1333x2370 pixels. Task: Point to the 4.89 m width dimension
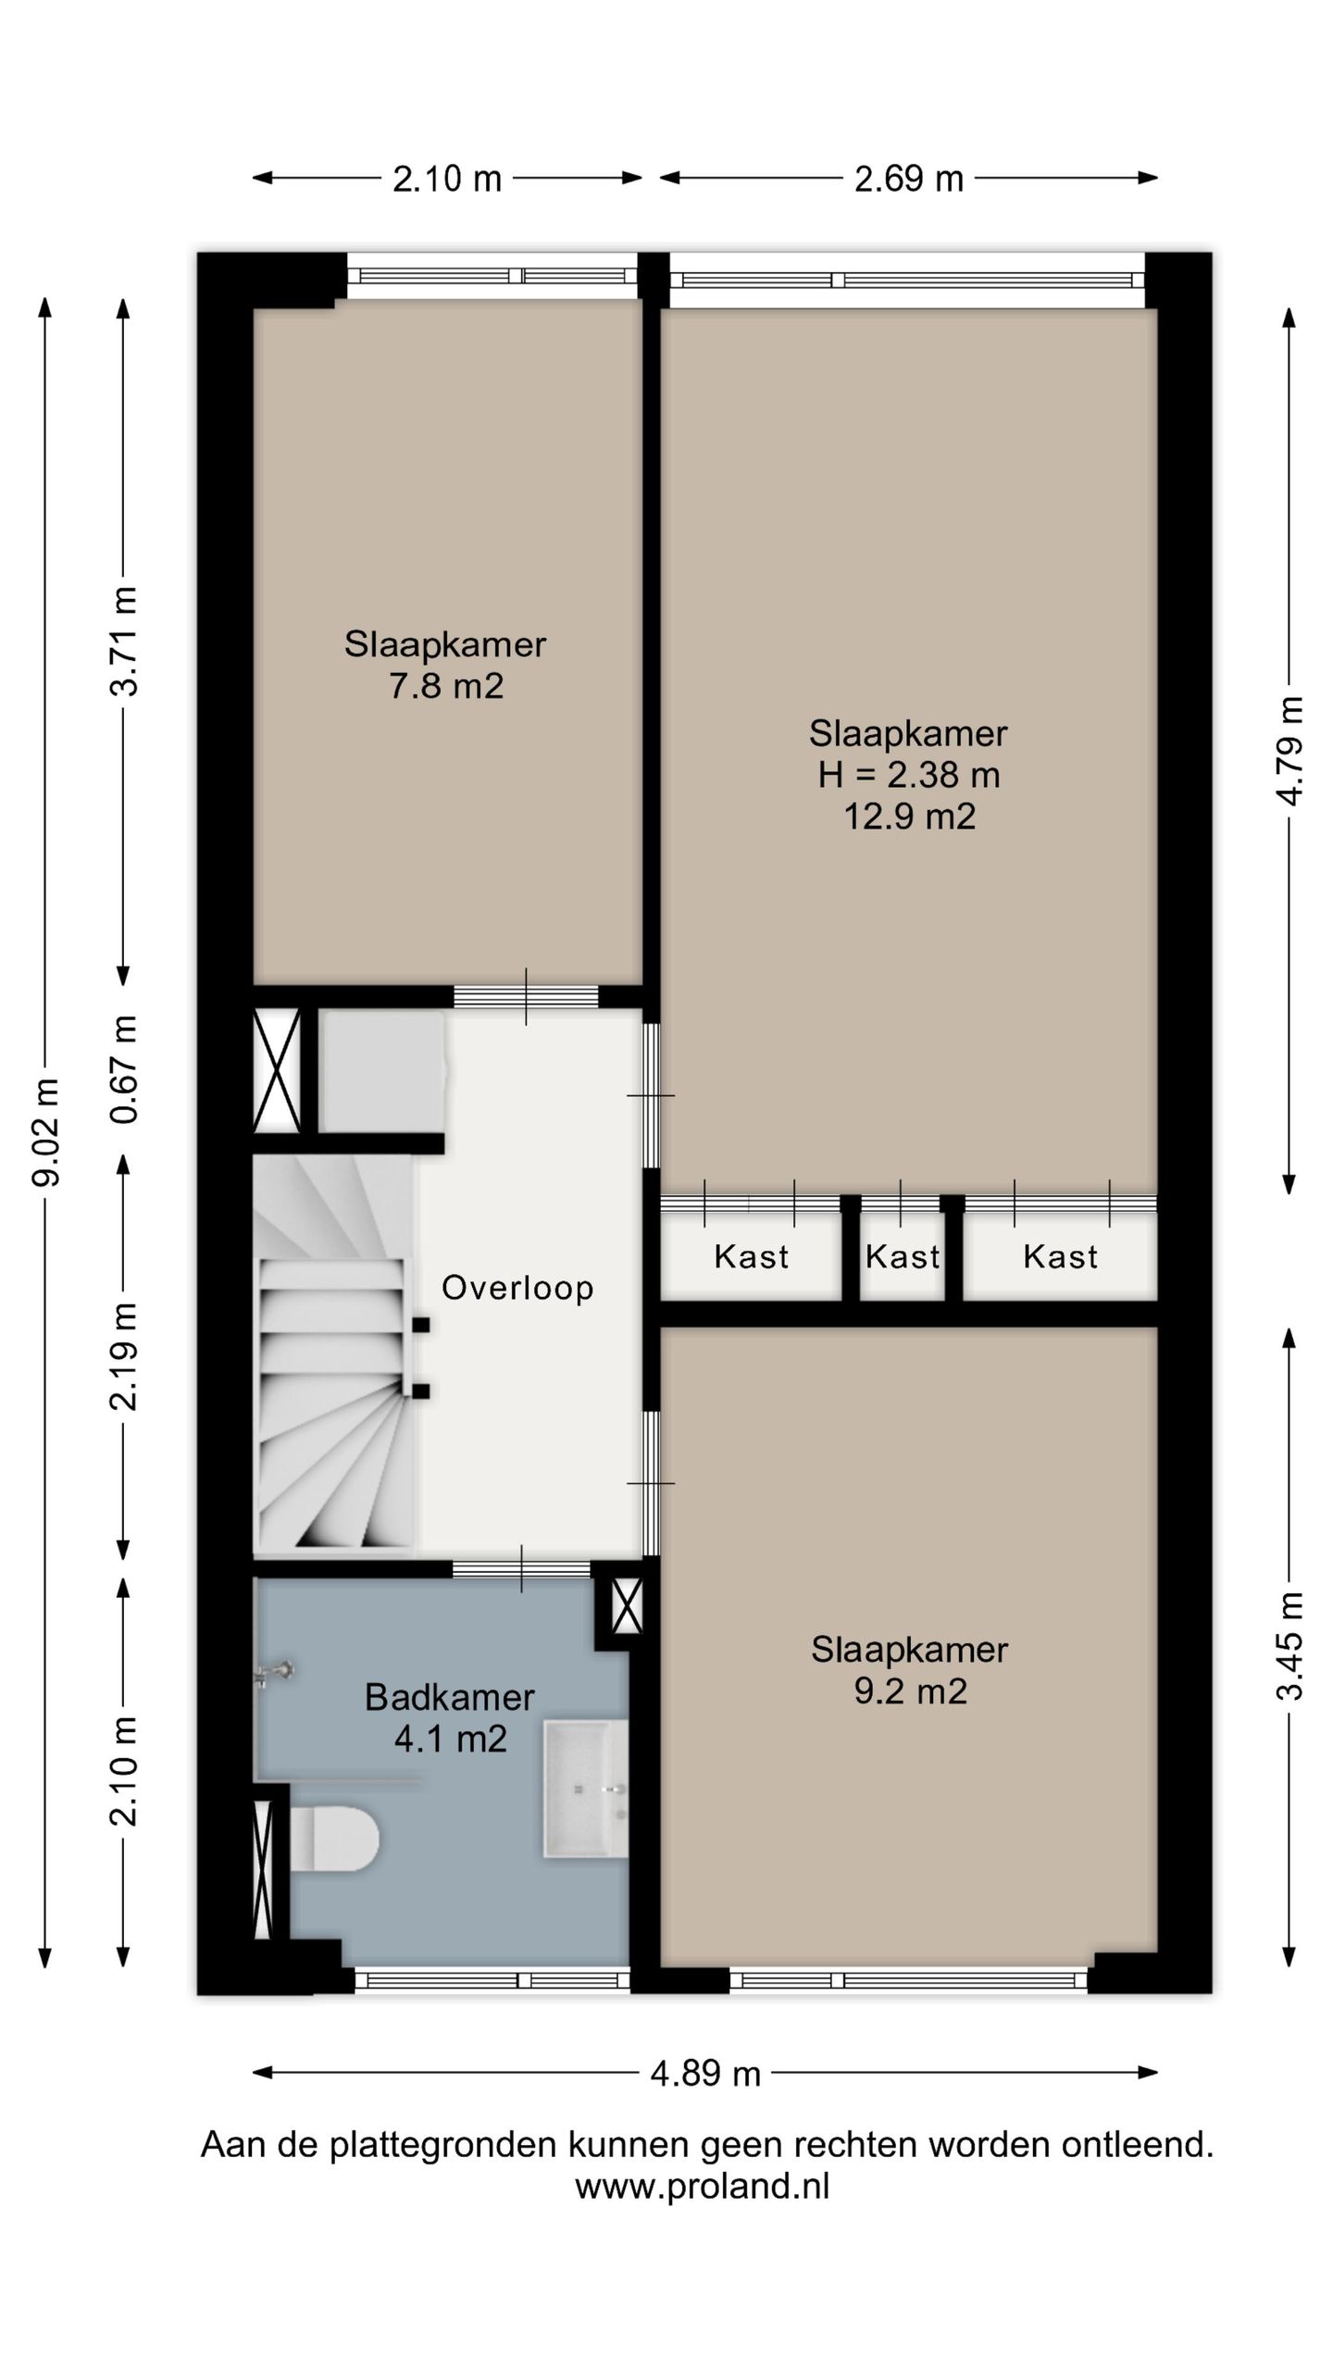pos(705,2073)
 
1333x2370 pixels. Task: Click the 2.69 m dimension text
pos(908,178)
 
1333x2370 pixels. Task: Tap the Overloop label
pos(517,1288)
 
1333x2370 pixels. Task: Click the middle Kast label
pos(903,1256)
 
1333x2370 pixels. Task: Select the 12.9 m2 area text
pos(909,817)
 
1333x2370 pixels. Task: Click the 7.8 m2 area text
pos(446,686)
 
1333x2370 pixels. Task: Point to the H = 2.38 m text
pos(909,775)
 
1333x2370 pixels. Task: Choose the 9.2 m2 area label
pos(910,1691)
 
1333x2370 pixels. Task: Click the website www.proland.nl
pos(703,2187)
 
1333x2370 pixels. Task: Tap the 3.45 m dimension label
pos(1289,1646)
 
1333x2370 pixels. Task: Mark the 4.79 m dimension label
pos(1289,751)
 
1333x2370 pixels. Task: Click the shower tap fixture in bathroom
pos(274,1673)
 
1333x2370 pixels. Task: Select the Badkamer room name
pos(450,1697)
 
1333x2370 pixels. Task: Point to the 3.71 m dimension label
pos(124,641)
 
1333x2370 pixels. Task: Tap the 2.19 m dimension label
pos(124,1356)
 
